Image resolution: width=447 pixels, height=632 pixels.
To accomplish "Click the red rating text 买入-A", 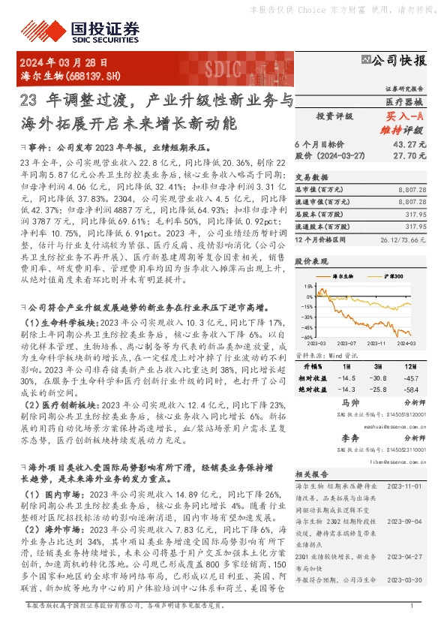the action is pos(404,116).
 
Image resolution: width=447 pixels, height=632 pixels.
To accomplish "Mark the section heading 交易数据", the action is pos(308,177).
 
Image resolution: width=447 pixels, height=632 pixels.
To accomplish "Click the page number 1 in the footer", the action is pos(412,625).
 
